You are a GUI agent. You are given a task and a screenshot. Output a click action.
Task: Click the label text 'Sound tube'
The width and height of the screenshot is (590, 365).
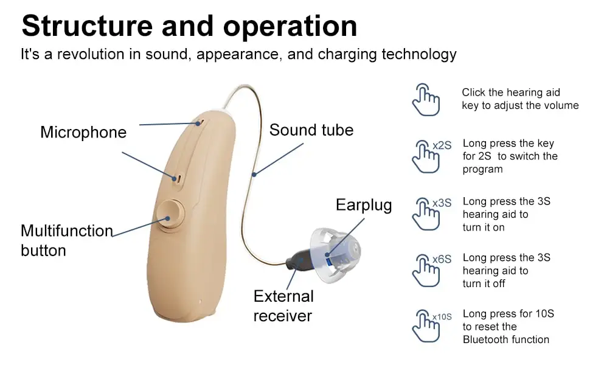(x=311, y=130)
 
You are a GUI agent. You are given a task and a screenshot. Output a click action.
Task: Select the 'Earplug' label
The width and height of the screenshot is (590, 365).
(x=364, y=205)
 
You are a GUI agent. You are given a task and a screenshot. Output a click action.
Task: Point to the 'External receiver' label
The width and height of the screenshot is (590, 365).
(x=283, y=306)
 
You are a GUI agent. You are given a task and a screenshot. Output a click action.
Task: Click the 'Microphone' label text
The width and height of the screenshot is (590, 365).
(x=83, y=132)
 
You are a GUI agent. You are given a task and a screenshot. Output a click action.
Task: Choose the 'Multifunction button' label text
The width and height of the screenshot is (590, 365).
(x=66, y=240)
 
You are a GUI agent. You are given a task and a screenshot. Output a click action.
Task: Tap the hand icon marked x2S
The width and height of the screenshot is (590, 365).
(x=425, y=156)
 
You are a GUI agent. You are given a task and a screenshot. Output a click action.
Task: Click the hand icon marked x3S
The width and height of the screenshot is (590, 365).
(x=425, y=214)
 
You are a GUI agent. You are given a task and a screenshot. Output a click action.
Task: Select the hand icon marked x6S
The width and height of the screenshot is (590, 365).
(x=425, y=269)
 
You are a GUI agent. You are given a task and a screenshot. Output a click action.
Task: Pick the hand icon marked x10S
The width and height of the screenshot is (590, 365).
(x=425, y=326)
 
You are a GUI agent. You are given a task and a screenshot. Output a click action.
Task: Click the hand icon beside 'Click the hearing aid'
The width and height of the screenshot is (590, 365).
(x=425, y=99)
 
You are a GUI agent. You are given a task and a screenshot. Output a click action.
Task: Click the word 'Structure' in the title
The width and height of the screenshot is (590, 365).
(x=86, y=26)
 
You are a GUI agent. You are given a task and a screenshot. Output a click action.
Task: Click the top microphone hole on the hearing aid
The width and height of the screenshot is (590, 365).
(x=199, y=122)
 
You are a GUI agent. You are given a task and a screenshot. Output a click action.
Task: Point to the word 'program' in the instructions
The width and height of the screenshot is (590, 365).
(x=483, y=169)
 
